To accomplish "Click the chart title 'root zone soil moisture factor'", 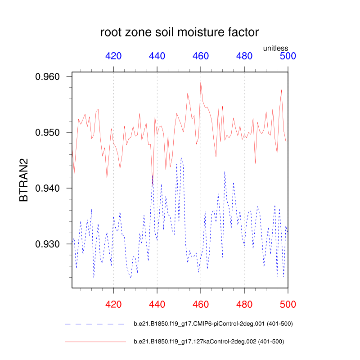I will [x=180, y=32].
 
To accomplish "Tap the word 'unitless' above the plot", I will [x=275, y=48].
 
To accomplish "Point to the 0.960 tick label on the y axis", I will [x=48, y=77].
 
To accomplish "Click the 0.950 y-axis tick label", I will [x=48, y=133].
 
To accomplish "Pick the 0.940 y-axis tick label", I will [x=48, y=189].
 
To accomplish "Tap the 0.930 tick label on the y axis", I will [x=48, y=244].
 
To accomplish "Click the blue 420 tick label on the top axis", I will [x=113, y=56].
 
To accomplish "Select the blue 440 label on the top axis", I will [x=157, y=56].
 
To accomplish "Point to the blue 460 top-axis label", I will [x=201, y=56].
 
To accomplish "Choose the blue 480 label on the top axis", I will [x=244, y=56].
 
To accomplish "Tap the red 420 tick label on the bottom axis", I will [x=113, y=305].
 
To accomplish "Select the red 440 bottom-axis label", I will [x=157, y=305].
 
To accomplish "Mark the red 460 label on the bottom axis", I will [x=201, y=305].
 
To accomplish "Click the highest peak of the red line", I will [x=201, y=82].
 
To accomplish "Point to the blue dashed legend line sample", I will [x=94, y=324].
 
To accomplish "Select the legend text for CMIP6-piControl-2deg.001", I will [x=213, y=324].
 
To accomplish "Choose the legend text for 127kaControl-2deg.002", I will [x=209, y=342].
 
